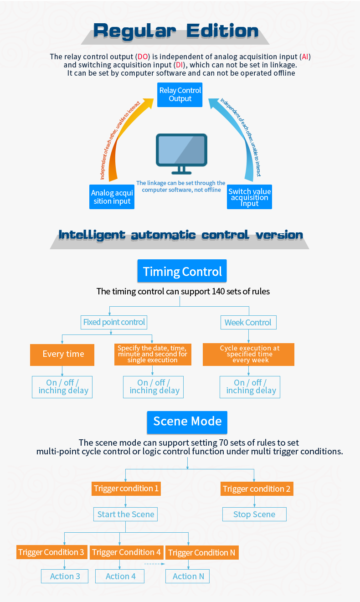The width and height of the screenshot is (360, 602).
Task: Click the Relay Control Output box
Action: (180, 95)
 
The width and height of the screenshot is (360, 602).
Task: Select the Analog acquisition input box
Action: (112, 197)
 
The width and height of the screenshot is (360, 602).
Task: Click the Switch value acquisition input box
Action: (249, 197)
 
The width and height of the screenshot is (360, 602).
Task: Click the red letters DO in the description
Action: (143, 57)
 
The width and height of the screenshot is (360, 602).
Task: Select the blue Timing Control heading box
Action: (182, 272)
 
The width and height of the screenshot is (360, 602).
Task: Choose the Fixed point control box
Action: (114, 322)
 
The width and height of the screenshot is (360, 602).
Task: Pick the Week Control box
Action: (248, 323)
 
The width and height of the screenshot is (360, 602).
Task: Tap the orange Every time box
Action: (62, 354)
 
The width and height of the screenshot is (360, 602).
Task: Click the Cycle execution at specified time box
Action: (249, 354)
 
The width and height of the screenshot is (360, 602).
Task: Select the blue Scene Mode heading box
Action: (187, 421)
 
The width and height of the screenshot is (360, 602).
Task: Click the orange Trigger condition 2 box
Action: (256, 489)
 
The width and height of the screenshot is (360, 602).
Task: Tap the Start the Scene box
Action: (125, 515)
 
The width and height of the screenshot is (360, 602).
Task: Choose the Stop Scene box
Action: (254, 515)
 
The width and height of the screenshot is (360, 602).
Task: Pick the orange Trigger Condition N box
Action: (201, 553)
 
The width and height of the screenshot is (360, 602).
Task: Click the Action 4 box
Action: (120, 576)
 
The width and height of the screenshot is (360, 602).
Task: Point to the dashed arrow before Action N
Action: (154, 564)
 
